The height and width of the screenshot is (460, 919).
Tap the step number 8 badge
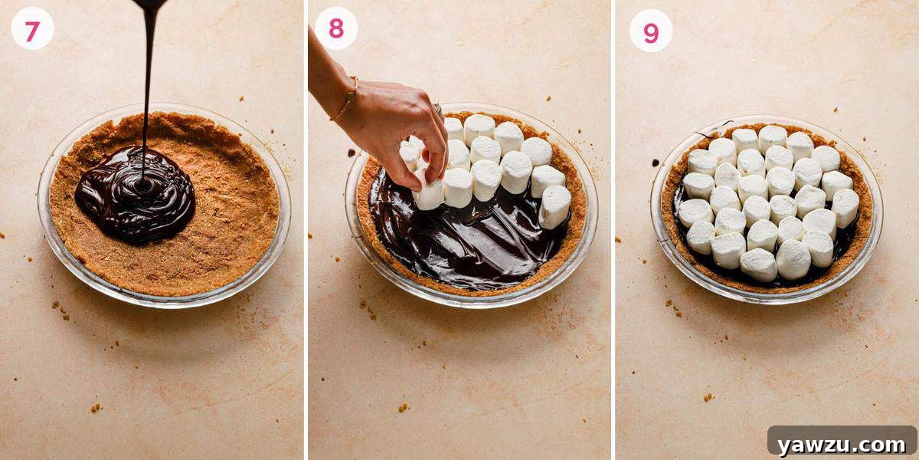pos(336,28)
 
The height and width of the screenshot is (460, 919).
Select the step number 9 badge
pos(651,31)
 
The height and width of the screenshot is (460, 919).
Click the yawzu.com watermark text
pos(841,444)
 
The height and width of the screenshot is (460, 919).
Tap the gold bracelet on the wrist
pos(345,99)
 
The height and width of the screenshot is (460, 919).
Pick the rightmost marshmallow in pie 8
pos(554,207)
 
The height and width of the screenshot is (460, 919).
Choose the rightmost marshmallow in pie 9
pos(845,207)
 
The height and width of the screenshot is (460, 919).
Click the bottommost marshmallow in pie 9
pos(758,264)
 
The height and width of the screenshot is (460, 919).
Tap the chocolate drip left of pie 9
pos(656,162)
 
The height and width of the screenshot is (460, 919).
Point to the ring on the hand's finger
pos(440,109)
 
